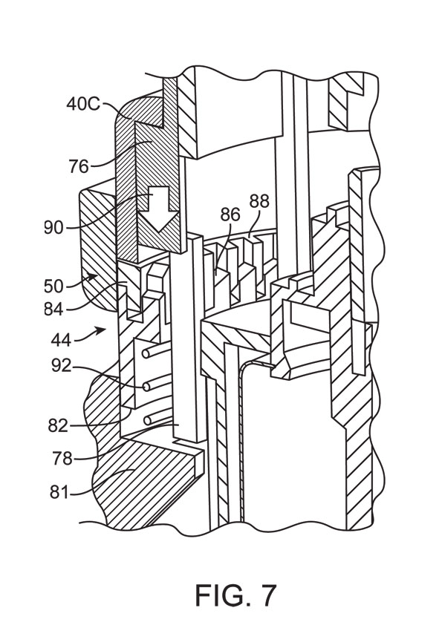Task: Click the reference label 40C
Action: click(83, 105)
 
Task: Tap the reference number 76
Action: click(79, 166)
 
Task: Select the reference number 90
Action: click(53, 228)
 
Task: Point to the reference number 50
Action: click(53, 287)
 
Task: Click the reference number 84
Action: click(53, 309)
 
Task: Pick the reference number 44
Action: click(61, 340)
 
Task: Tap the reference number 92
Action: click(61, 365)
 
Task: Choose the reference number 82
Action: click(58, 426)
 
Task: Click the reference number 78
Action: click(62, 459)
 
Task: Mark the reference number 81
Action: click(59, 493)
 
